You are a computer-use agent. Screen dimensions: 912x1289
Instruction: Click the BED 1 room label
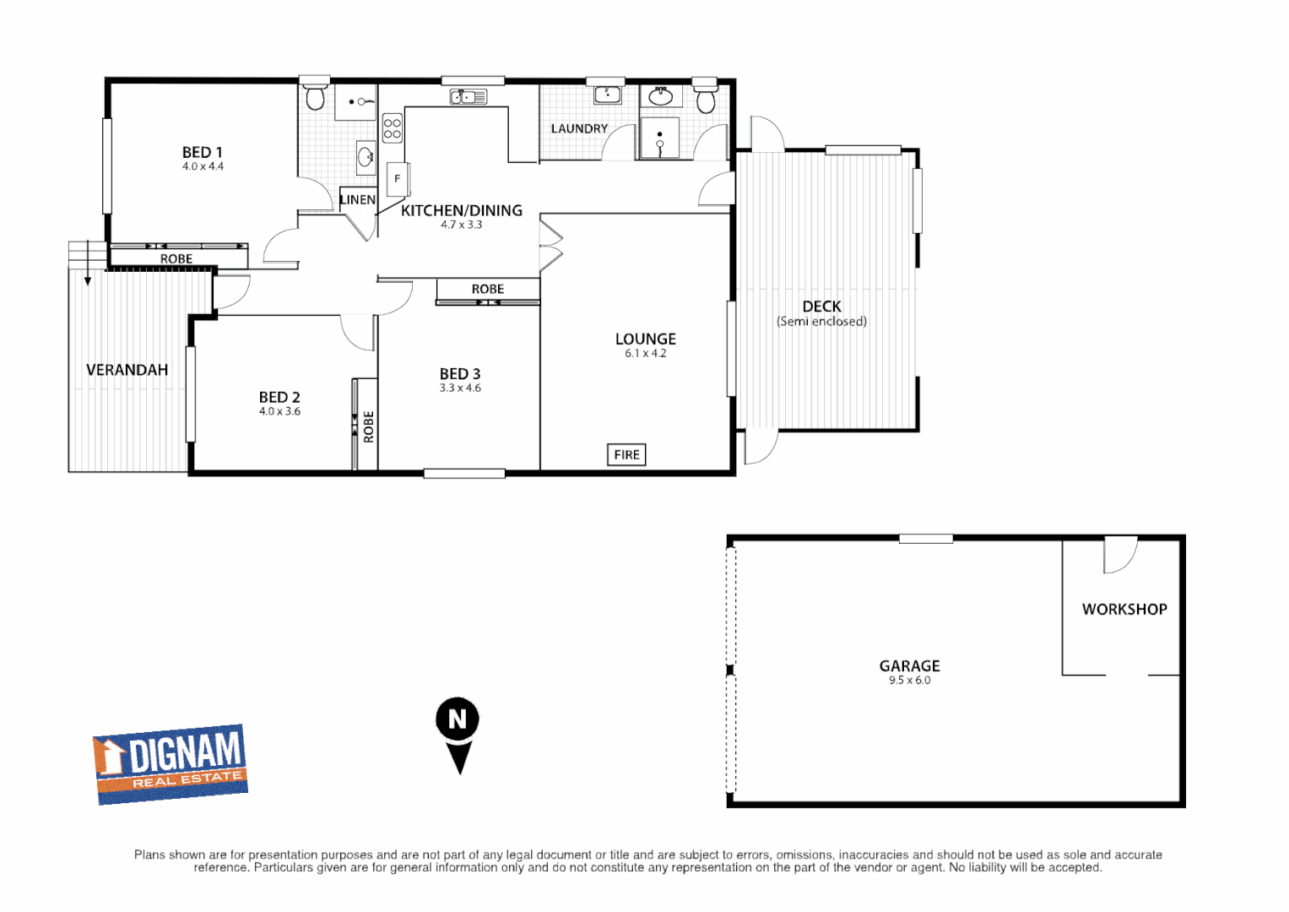203,153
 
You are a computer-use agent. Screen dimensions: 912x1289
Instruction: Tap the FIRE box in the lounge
626,454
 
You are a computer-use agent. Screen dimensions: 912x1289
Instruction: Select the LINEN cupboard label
357,200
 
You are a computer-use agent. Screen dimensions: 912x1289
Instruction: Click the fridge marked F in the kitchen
397,179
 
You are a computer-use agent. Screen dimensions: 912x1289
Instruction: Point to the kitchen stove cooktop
392,128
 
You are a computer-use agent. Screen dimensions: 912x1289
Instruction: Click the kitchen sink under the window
468,97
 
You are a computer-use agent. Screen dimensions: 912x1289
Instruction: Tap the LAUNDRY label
579,128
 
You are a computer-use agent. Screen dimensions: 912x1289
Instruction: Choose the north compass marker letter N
458,719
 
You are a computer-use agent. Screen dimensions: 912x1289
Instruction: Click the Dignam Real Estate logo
171,763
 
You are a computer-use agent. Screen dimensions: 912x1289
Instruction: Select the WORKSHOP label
1124,609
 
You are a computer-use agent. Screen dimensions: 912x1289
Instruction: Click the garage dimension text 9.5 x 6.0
909,680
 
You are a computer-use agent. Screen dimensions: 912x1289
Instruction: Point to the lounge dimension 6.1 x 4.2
645,353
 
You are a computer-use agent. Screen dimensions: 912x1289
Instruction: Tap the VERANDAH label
127,370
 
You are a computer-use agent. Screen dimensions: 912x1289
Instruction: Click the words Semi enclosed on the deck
821,321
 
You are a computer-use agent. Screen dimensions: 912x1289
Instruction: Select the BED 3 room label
460,374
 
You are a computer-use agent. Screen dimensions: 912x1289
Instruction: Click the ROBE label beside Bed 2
368,426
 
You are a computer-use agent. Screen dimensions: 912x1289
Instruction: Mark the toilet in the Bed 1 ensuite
315,97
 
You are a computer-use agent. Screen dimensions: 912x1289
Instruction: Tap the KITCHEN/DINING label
461,210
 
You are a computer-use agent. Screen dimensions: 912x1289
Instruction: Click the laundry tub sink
607,95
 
